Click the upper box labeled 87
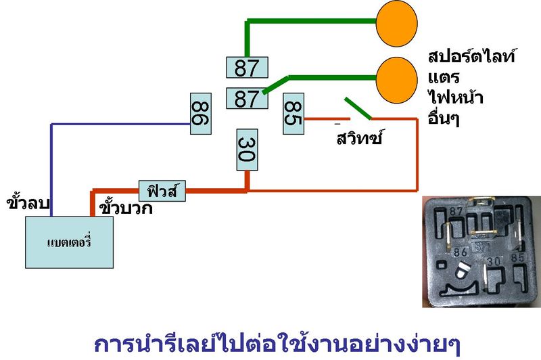pyautogui.click(x=246, y=68)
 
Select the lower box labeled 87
pyautogui.click(x=246, y=99)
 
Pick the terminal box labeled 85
pyautogui.click(x=293, y=113)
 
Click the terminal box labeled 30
pyautogui.click(x=247, y=150)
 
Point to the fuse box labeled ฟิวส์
pyautogui.click(x=162, y=189)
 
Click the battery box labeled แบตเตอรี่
pyautogui.click(x=69, y=242)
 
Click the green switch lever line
pyautogui.click(x=357, y=108)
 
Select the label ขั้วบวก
pyautogui.click(x=126, y=207)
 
